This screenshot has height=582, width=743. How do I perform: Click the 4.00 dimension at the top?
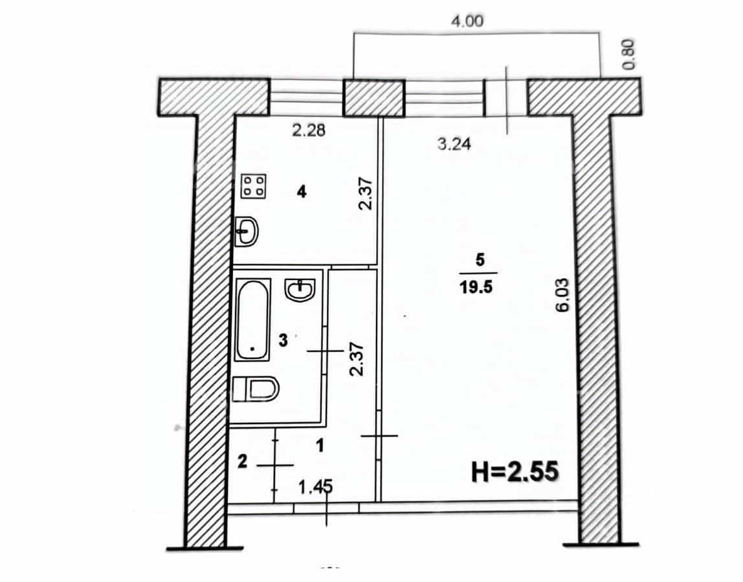pos(467,21)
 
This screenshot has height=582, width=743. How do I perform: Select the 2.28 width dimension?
pos(309,130)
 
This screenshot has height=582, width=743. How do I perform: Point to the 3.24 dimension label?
pos(454,144)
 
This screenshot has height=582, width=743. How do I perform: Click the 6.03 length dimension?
pos(562,295)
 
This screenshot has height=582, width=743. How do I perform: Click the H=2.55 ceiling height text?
pos(515,471)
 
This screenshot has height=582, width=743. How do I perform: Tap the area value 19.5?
pos(476,288)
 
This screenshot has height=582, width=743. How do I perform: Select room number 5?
pos(480,259)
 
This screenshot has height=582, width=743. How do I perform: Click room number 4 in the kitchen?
pos(302,192)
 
